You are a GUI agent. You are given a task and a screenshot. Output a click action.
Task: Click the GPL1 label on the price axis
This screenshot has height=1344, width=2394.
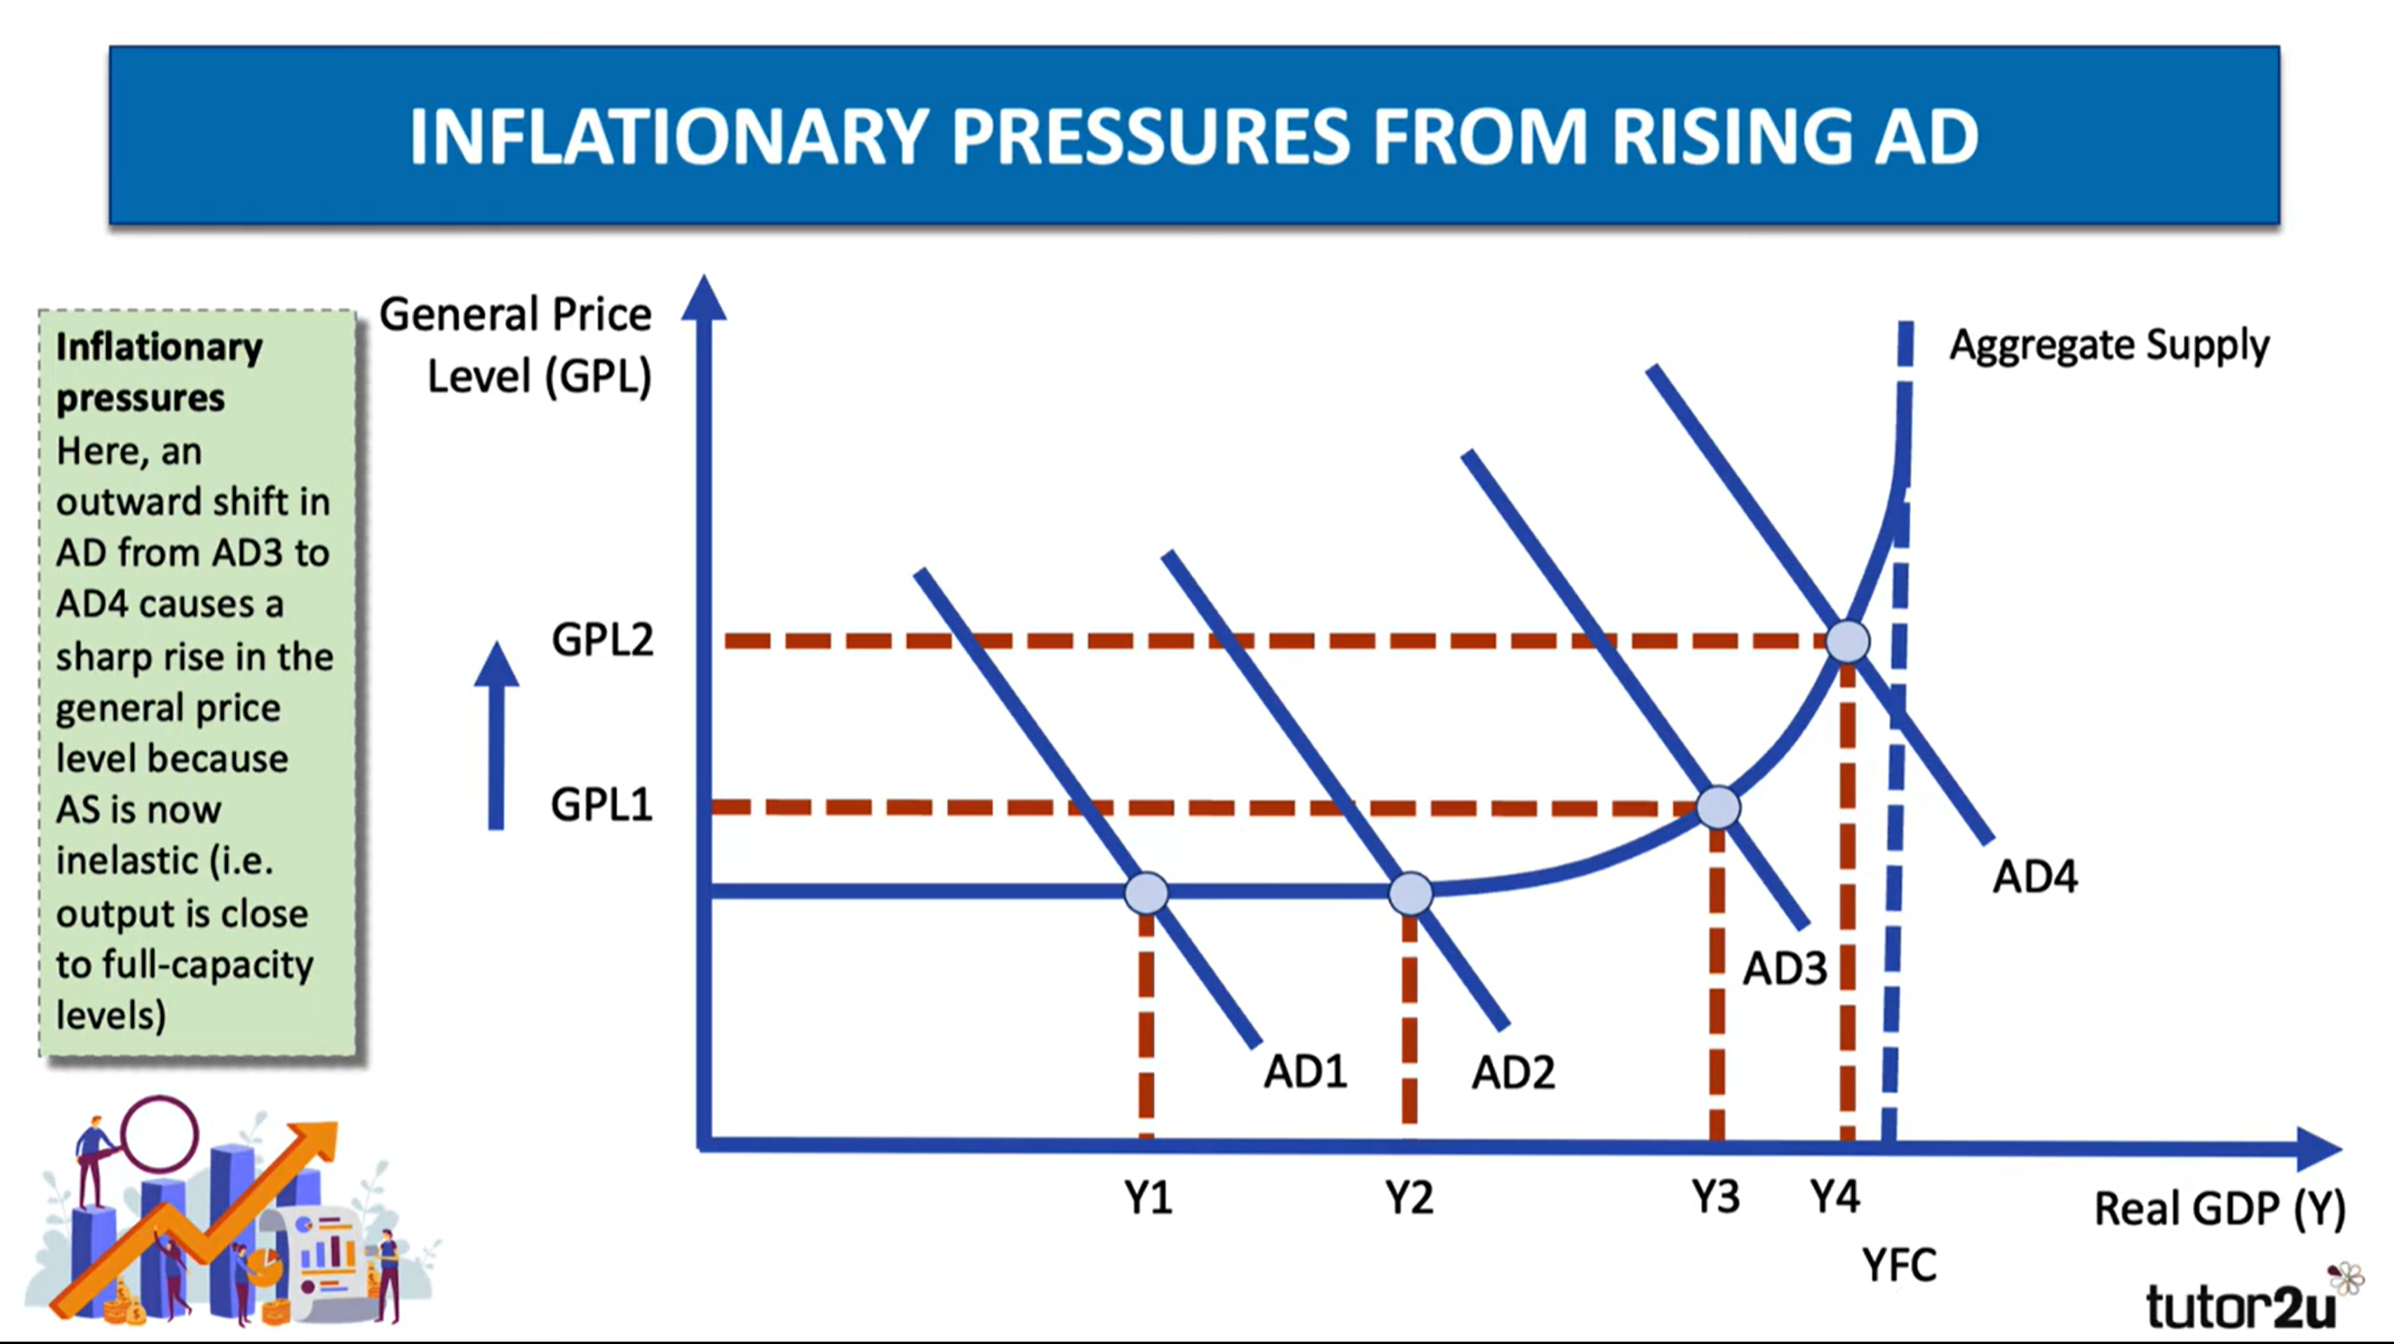(x=602, y=804)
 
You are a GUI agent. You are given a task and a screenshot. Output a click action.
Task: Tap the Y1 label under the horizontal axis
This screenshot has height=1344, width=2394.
(x=1148, y=1198)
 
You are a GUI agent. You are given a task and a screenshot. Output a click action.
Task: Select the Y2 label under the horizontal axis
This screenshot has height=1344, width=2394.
(x=1409, y=1198)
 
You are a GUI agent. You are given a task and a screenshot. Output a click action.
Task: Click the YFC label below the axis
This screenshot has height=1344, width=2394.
(x=1900, y=1265)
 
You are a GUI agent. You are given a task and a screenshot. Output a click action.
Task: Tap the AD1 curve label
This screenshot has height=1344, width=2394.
(x=1305, y=1072)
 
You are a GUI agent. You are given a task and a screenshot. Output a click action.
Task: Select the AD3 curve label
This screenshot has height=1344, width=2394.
(x=1785, y=970)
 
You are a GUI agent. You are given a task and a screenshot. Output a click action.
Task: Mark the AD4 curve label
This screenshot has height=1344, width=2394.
(x=2035, y=876)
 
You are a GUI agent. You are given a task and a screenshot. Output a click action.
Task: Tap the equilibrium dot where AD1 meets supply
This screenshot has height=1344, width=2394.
(x=1146, y=893)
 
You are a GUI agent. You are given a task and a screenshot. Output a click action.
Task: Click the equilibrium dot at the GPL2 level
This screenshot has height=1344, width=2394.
(x=1847, y=641)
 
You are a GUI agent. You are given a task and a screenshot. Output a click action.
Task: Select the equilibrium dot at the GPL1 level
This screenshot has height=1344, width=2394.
(x=1718, y=807)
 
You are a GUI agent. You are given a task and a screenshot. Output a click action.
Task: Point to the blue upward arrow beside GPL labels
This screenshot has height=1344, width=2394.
(x=496, y=735)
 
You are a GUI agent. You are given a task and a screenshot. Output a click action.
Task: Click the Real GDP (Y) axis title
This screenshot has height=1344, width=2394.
(x=2219, y=1209)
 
